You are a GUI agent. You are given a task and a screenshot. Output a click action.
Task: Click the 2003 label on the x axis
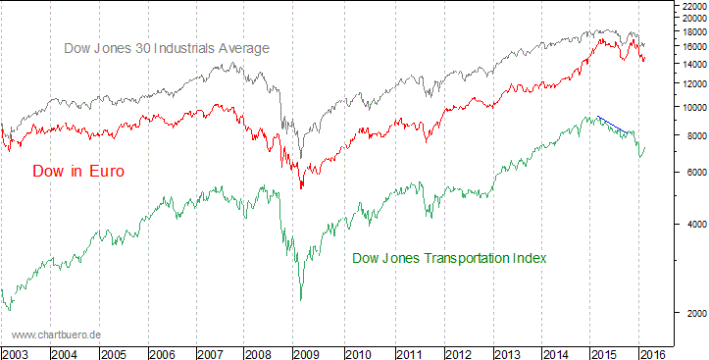16,352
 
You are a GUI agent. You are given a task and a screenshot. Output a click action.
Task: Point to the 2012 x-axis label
458,352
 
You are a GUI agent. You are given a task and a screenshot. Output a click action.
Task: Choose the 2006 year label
163,352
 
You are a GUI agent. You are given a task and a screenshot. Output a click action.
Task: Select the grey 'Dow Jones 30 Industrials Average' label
166,48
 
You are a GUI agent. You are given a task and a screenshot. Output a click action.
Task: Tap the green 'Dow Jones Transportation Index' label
449,258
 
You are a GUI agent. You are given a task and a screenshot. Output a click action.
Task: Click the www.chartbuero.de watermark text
57,335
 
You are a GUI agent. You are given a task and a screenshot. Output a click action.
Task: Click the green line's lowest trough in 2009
300,299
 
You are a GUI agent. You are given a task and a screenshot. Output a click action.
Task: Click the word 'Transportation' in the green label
459,258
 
